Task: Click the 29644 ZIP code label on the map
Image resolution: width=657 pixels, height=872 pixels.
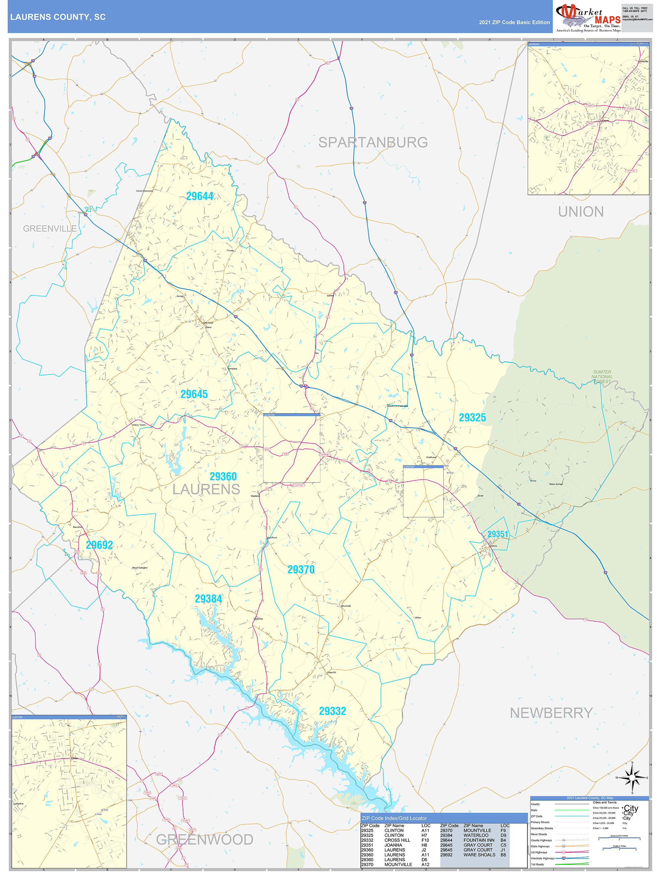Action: point(199,196)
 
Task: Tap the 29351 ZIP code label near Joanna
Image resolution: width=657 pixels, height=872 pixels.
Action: point(498,534)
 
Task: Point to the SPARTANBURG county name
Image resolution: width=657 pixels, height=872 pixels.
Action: point(373,142)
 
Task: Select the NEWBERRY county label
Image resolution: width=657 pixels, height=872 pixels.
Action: point(551,713)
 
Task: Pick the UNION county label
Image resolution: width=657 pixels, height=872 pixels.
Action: point(581,212)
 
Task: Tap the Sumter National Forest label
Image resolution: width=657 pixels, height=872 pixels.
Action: point(602,377)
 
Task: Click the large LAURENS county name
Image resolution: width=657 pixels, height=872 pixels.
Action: point(206,490)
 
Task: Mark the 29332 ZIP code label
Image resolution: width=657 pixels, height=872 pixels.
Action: point(332,711)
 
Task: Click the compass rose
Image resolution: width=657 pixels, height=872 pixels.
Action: point(632,778)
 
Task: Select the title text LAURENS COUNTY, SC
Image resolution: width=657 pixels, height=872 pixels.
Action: point(58,17)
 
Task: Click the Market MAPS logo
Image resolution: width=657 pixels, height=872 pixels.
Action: point(588,18)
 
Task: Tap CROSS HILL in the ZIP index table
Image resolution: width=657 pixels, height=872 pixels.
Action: point(397,840)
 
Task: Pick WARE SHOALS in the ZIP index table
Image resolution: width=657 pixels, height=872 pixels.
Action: point(479,855)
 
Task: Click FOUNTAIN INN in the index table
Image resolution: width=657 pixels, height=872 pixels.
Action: point(478,840)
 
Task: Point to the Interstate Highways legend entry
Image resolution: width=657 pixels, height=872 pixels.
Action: point(542,858)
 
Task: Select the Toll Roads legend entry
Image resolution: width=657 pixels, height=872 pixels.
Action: point(537,865)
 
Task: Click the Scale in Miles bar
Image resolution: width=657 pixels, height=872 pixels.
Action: point(619,849)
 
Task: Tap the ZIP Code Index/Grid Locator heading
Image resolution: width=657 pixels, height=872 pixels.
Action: point(394,818)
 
